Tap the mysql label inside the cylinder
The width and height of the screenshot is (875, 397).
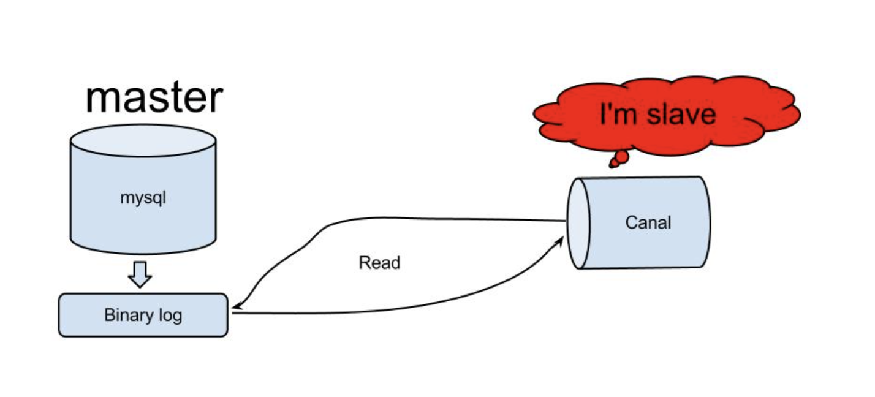pos(143,198)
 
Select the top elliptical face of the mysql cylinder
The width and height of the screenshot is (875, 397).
pos(143,141)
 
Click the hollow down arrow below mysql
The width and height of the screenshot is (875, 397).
pos(140,274)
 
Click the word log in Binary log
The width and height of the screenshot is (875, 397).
pos(170,316)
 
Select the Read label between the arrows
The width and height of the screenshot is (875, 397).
pos(380,263)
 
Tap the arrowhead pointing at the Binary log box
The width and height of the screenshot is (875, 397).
pos(237,307)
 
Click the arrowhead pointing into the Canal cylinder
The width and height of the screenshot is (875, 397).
pos(559,242)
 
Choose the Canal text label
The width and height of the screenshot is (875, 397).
pos(648,223)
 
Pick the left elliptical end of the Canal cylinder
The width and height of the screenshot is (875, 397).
pos(578,224)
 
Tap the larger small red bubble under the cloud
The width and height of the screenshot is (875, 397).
pos(622,157)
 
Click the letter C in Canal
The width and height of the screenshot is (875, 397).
pos(632,223)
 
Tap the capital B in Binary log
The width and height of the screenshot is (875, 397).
pos(110,315)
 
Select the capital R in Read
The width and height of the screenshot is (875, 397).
pos(365,263)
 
